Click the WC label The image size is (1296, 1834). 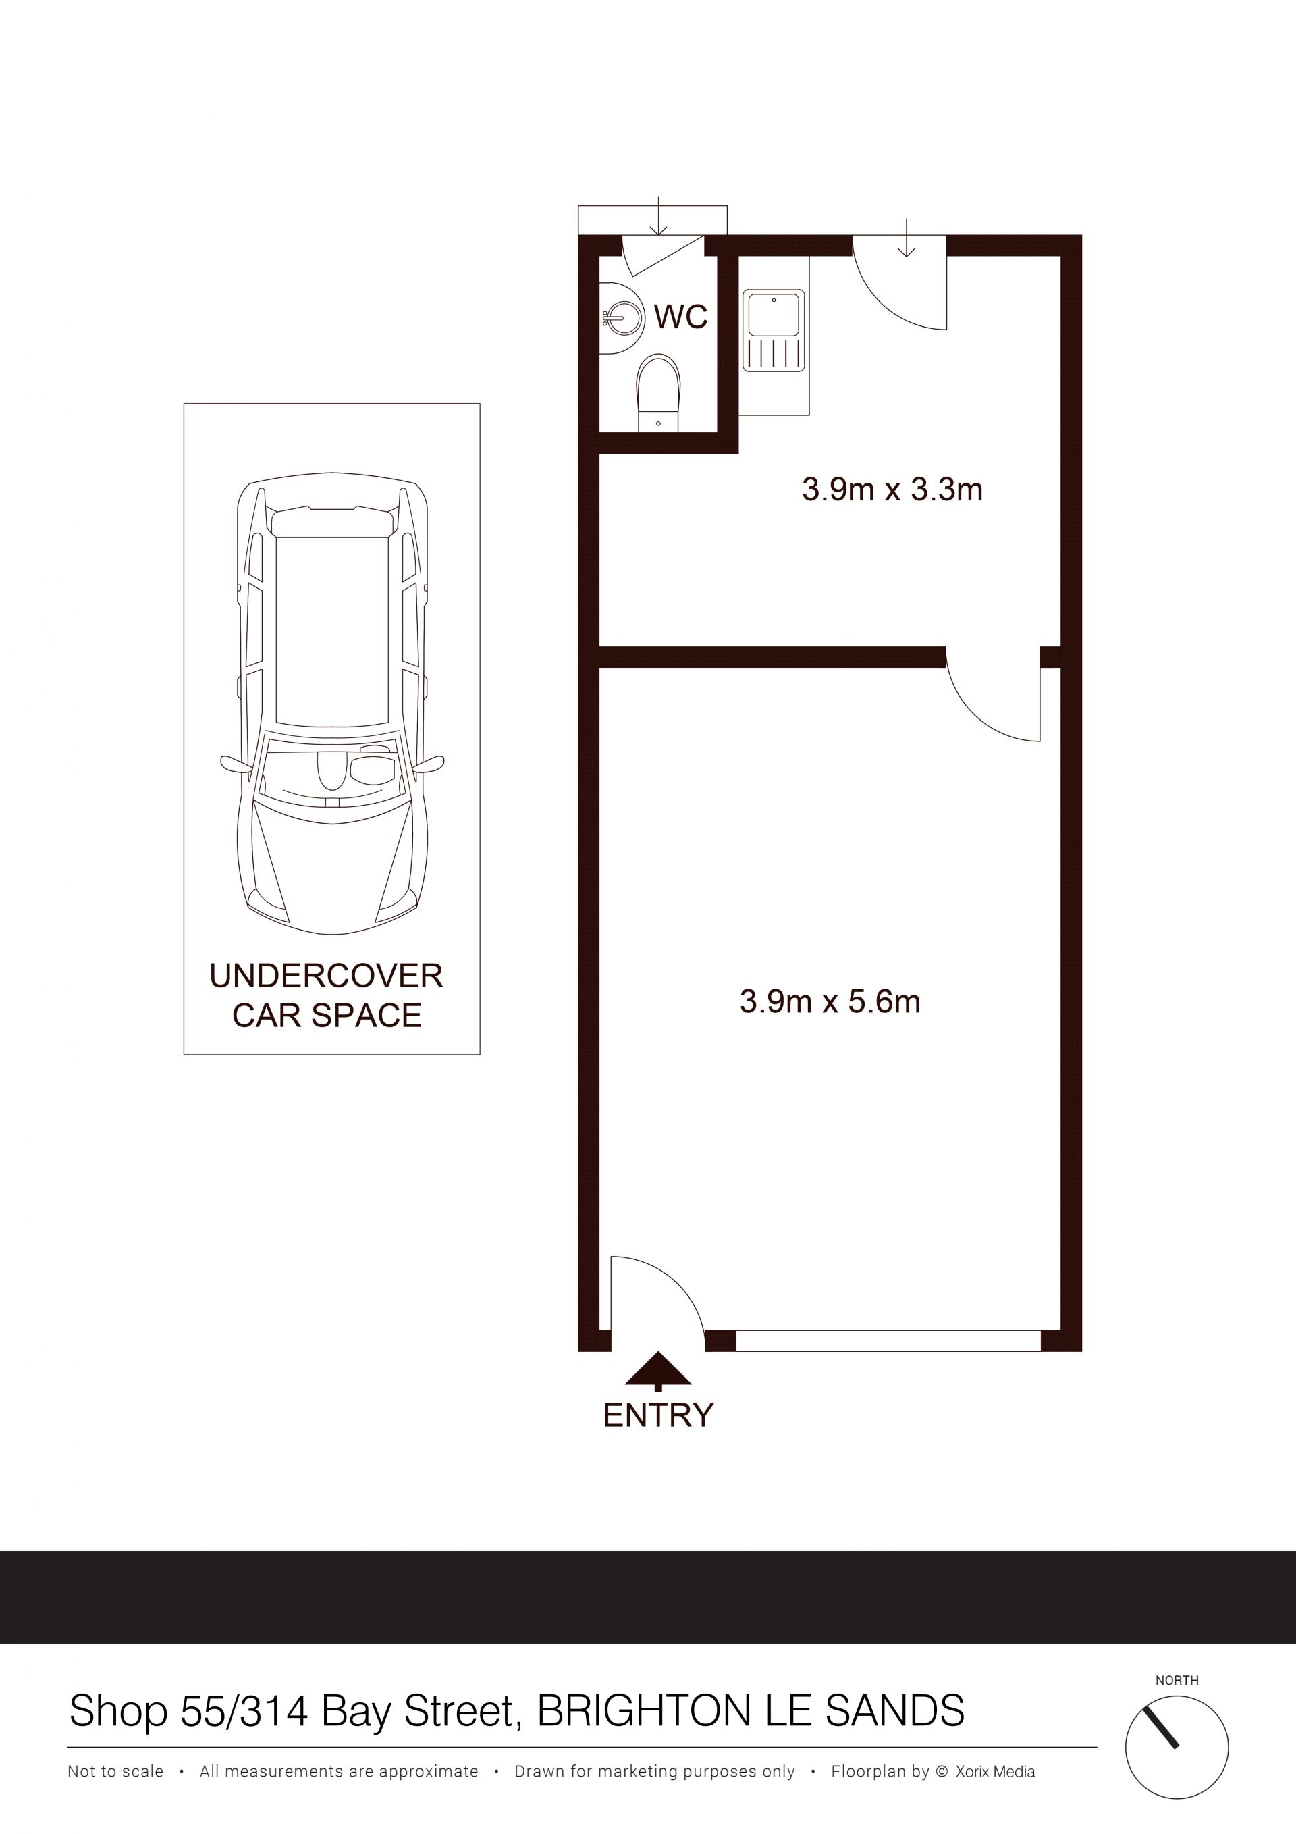(680, 317)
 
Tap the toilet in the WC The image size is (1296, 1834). (658, 392)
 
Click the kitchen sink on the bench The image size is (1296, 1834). (774, 331)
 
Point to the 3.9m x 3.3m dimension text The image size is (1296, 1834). (892, 489)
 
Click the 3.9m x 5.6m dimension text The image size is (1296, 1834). (830, 1001)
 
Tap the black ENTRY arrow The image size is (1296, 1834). (657, 1371)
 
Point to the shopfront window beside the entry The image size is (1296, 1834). (888, 1340)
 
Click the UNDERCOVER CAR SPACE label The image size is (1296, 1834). (326, 995)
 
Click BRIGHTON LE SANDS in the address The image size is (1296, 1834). (751, 1711)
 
